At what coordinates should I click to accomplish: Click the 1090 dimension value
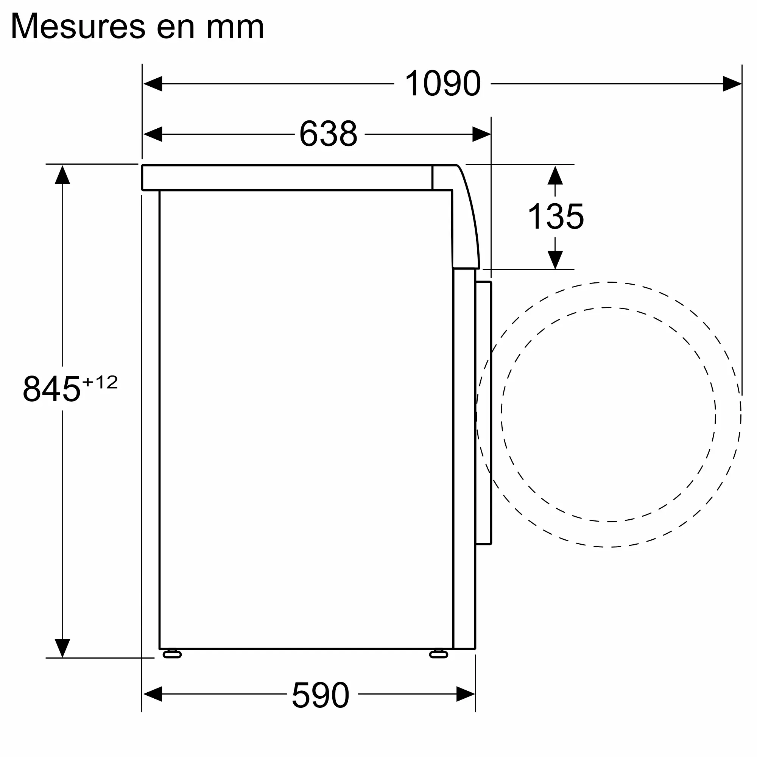[442, 83]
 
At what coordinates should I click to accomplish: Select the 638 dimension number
[328, 134]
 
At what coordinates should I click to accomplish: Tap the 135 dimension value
[556, 216]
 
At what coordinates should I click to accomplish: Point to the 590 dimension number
[321, 695]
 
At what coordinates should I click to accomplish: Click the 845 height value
[51, 389]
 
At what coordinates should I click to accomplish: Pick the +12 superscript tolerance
[100, 382]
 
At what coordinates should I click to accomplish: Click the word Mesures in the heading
[78, 26]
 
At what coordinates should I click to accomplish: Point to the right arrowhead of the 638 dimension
[481, 134]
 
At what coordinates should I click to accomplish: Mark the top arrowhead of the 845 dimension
[62, 175]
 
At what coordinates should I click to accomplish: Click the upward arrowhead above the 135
[555, 176]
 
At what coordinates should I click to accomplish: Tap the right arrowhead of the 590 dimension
[466, 694]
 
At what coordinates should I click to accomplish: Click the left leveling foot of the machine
[172, 654]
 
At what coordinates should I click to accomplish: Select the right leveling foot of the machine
[438, 654]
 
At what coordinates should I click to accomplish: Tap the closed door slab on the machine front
[483, 413]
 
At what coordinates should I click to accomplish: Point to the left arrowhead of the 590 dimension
[153, 694]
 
